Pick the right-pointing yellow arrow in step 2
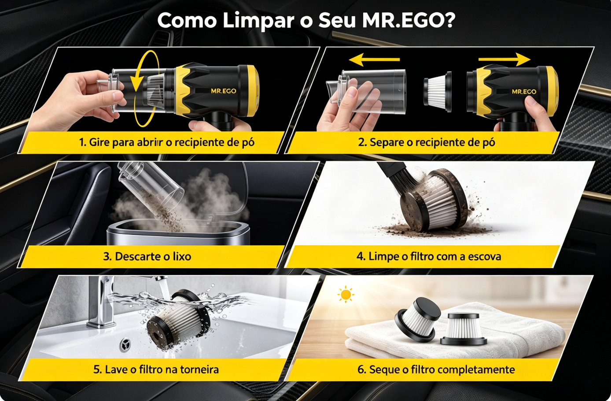tap(504, 60)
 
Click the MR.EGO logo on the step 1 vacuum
tap(223, 91)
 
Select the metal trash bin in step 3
tap(179, 234)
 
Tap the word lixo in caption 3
tap(182, 256)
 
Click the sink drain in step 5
tap(125, 344)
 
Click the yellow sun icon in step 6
tap(346, 294)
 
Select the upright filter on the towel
tap(464, 329)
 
